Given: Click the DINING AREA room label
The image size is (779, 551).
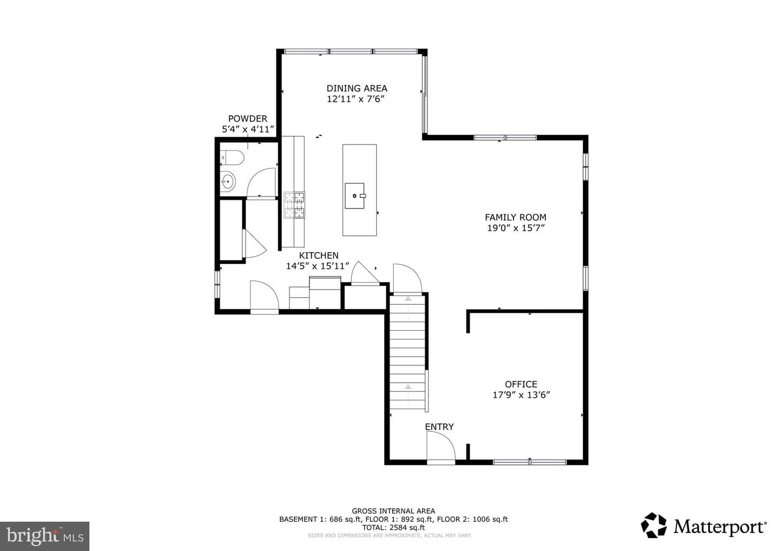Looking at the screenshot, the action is pyautogui.click(x=357, y=88).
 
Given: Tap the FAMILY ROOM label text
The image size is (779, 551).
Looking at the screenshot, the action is pyautogui.click(x=516, y=218).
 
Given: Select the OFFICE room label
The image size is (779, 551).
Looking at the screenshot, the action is pyautogui.click(x=521, y=384).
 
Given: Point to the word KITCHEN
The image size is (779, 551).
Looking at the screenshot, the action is pyautogui.click(x=319, y=255).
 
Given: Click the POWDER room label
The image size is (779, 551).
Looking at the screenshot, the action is pyautogui.click(x=248, y=119).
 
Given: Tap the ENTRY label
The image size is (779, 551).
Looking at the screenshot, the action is pyautogui.click(x=439, y=427).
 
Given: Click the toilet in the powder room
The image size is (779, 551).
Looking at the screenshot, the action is pyautogui.click(x=232, y=158).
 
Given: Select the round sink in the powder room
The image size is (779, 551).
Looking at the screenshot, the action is pyautogui.click(x=228, y=181).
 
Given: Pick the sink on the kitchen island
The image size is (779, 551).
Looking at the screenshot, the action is pyautogui.click(x=355, y=196).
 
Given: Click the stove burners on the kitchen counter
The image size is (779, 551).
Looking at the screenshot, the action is pyautogui.click(x=294, y=205).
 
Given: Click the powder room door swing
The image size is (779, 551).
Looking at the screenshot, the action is pyautogui.click(x=261, y=182).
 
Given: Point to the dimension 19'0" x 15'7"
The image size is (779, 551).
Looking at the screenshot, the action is pyautogui.click(x=516, y=228).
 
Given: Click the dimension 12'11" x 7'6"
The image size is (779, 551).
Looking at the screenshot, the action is pyautogui.click(x=355, y=99).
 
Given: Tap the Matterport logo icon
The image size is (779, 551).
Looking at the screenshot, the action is pyautogui.click(x=654, y=525).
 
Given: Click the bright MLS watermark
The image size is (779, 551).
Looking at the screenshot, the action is pyautogui.click(x=44, y=536).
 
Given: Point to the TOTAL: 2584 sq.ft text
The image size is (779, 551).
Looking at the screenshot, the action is pyautogui.click(x=393, y=527).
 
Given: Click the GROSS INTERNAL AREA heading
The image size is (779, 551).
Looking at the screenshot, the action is pyautogui.click(x=393, y=511).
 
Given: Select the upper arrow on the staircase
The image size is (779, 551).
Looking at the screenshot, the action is pyautogui.click(x=408, y=298).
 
